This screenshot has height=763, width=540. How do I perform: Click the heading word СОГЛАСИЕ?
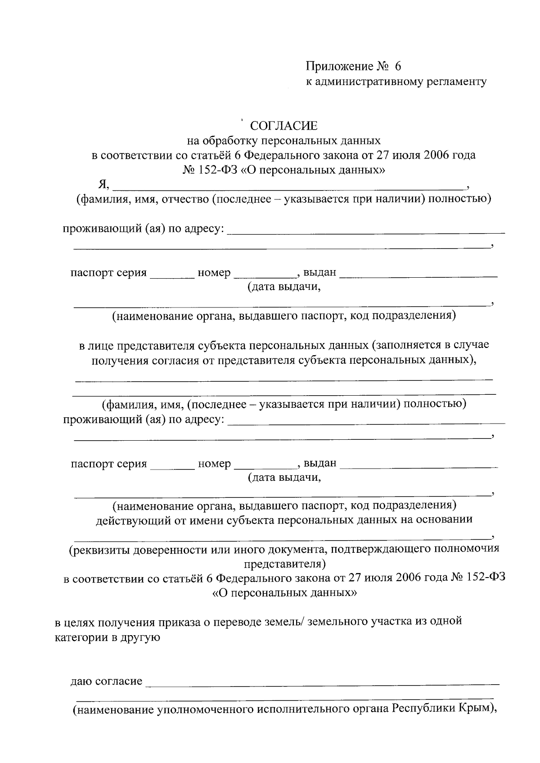click(x=283, y=126)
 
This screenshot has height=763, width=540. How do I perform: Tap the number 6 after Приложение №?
click(x=397, y=67)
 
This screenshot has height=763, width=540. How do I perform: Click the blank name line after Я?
click(x=288, y=185)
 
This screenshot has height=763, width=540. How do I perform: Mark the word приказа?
click(x=179, y=622)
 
